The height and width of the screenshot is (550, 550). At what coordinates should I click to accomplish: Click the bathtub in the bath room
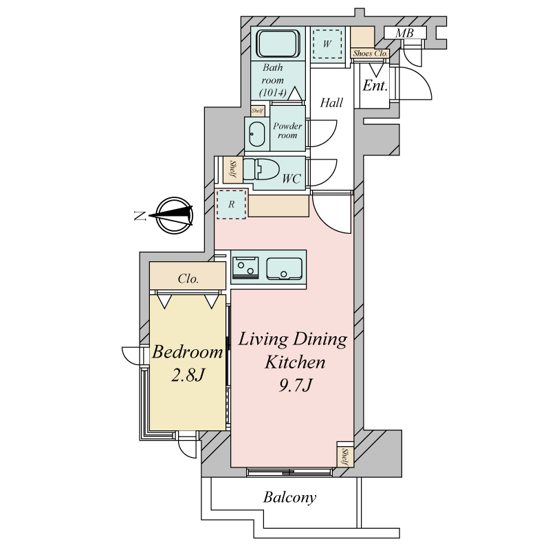click(x=278, y=44)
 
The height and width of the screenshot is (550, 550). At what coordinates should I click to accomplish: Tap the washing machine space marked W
click(x=327, y=44)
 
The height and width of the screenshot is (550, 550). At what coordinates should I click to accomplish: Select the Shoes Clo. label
click(x=371, y=54)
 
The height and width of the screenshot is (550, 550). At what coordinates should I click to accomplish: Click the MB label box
click(x=405, y=33)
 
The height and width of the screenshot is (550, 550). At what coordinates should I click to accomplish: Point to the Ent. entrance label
click(x=375, y=85)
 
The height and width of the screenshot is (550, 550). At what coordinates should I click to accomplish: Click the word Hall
click(x=331, y=102)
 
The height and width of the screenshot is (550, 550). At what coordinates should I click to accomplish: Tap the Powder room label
click(x=287, y=131)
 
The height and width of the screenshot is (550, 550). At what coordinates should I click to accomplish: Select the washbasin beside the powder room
click(x=256, y=134)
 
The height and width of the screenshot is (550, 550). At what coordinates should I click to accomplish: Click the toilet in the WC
click(x=261, y=169)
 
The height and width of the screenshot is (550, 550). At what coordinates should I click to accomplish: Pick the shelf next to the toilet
click(x=232, y=170)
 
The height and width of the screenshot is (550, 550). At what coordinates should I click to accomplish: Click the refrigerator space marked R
click(x=231, y=204)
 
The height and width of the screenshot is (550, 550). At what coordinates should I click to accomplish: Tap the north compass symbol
click(x=174, y=215)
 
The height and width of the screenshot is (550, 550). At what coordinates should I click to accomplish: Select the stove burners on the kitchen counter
click(x=245, y=268)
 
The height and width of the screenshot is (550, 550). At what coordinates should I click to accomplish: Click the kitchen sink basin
click(x=284, y=269)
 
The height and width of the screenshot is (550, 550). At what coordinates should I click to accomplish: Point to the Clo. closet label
click(x=188, y=279)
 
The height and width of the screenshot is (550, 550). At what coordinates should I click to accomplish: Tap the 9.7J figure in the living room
click(x=295, y=386)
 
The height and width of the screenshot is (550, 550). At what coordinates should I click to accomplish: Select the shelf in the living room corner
click(x=345, y=454)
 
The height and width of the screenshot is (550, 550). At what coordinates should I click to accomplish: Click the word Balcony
click(x=289, y=497)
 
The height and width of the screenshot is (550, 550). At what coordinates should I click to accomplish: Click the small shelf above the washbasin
click(x=258, y=111)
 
